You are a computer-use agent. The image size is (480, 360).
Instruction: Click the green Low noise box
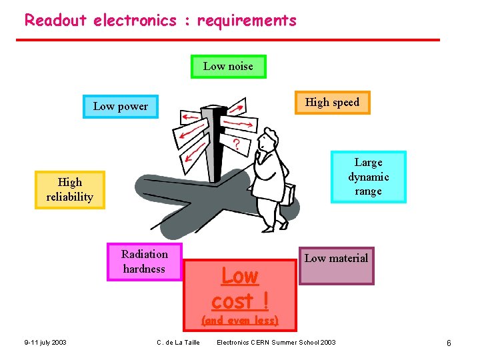click(228, 67)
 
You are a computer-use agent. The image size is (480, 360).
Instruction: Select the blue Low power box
click(121, 107)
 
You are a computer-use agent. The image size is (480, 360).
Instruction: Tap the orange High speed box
click(332, 103)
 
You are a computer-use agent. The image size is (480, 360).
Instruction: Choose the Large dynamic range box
click(368, 177)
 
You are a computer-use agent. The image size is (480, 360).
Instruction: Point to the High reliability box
click(70, 189)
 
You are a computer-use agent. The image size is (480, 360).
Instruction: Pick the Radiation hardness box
click(144, 262)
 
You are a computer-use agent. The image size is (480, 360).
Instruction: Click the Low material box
click(336, 265)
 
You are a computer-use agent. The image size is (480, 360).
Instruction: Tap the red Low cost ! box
click(239, 287)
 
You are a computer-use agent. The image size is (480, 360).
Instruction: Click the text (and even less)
click(239, 321)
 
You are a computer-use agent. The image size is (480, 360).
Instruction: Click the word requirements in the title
click(247, 20)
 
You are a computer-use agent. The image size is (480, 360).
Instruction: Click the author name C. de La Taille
click(178, 343)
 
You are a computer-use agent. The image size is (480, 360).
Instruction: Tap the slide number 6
click(449, 343)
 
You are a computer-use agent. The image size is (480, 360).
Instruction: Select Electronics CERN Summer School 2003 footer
click(276, 343)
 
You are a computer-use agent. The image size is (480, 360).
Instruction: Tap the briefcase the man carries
click(287, 193)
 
